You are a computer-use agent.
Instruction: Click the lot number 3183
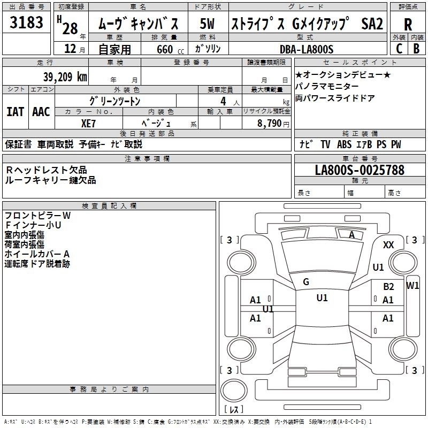click(x=27, y=23)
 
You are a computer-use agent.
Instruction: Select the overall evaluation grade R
click(x=408, y=24)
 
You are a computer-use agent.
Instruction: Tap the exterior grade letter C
click(x=399, y=48)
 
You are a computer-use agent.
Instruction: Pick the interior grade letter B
click(x=416, y=48)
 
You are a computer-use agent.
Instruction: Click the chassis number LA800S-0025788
click(x=360, y=170)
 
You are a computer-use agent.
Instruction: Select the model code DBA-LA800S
click(x=307, y=49)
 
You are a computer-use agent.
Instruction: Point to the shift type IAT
click(x=15, y=112)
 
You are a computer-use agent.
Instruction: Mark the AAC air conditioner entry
click(x=41, y=112)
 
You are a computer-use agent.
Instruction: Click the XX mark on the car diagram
click(x=388, y=244)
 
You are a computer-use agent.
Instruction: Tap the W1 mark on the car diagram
click(x=412, y=285)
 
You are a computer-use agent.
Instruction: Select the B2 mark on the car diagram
click(x=388, y=287)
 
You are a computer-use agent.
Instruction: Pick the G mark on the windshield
click(x=306, y=281)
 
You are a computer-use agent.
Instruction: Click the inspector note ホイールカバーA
click(x=37, y=254)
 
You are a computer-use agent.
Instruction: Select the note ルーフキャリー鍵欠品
click(x=50, y=180)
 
